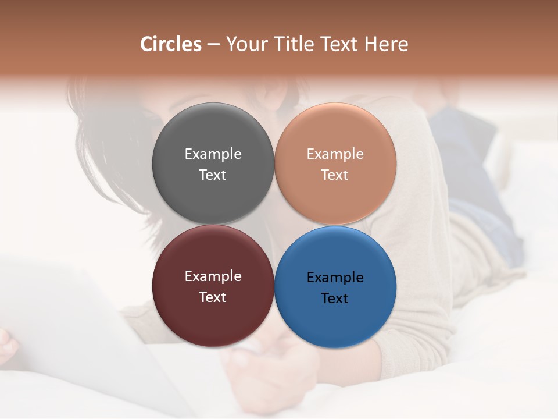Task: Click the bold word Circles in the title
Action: click(x=171, y=44)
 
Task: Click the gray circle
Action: click(x=213, y=134)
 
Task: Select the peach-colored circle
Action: click(x=335, y=134)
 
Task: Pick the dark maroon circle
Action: click(x=213, y=314)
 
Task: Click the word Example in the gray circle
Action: click(x=213, y=154)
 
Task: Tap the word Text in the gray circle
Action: click(x=213, y=175)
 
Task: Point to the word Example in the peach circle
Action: click(x=335, y=154)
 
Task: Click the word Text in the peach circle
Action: click(x=335, y=175)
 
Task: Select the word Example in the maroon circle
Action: click(x=213, y=276)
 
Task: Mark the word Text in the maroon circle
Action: click(x=213, y=297)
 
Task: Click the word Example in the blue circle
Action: click(x=335, y=278)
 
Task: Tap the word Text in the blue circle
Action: click(x=335, y=299)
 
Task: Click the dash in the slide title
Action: click(x=213, y=45)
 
